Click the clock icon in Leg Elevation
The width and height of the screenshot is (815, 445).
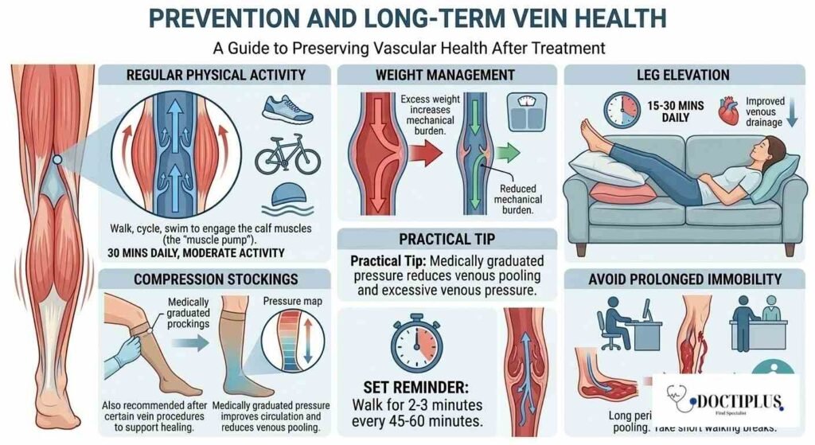coord(623,111)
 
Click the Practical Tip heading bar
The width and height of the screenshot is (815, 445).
coord(446,239)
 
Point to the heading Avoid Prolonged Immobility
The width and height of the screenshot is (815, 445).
coord(684,279)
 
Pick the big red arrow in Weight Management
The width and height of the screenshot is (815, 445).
coord(430,150)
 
